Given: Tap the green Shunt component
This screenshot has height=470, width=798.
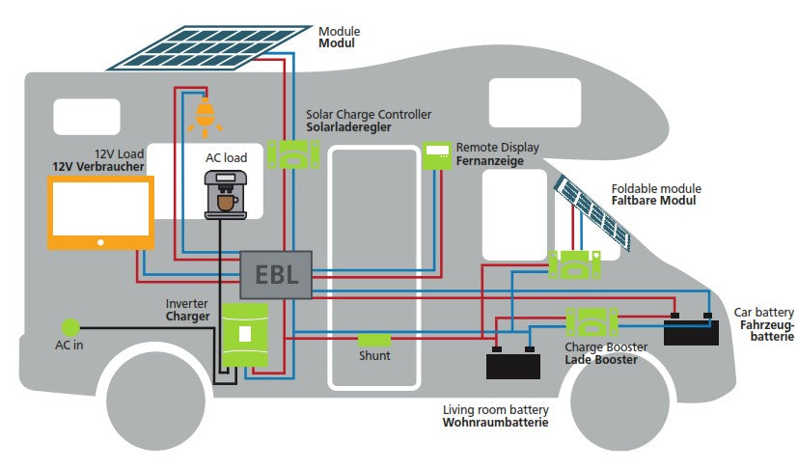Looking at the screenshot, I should click(x=374, y=340).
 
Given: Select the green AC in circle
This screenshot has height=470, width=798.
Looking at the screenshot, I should click(x=69, y=328).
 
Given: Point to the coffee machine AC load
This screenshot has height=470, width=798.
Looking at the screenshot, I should click(x=225, y=193).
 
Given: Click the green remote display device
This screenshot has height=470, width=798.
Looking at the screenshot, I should click(x=437, y=153).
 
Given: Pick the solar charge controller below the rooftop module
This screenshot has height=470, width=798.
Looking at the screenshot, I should click(x=292, y=152).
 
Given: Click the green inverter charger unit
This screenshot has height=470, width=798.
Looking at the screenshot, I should click(x=246, y=333).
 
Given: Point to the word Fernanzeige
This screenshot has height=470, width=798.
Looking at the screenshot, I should click(x=489, y=161).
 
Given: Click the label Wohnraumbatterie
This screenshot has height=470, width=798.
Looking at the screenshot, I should click(x=495, y=423).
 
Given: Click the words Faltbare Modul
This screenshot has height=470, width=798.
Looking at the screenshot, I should click(x=653, y=201).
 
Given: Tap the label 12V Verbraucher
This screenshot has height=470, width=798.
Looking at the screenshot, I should click(x=97, y=167).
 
